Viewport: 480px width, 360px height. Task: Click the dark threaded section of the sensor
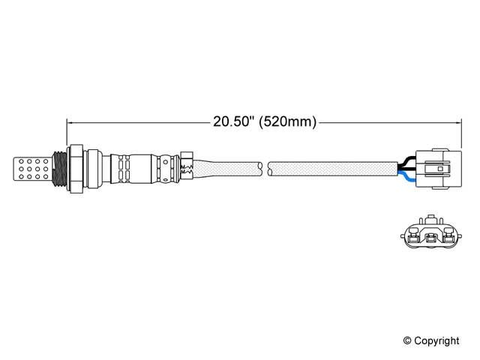point(59,169)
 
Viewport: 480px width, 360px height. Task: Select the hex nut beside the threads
point(75,169)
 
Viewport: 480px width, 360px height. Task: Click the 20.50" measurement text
point(234,121)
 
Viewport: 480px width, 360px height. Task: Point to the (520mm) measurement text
point(288,121)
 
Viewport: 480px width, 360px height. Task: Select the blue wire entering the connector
point(406,177)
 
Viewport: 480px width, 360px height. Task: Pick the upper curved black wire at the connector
point(406,160)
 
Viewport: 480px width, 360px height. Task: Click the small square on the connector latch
point(440,169)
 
